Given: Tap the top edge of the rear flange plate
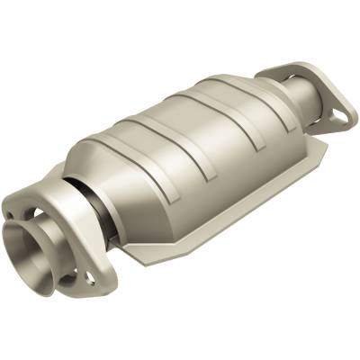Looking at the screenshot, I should tap(297, 67).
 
